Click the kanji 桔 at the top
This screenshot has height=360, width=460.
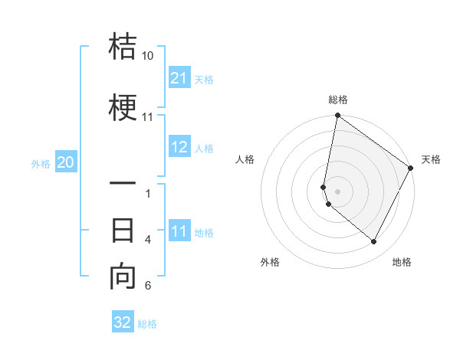123,47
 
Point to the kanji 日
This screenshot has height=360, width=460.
123,230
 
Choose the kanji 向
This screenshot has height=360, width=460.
123,276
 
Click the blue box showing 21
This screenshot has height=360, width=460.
179,78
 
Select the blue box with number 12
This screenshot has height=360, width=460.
179,148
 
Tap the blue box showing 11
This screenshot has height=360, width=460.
179,231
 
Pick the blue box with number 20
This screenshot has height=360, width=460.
66,162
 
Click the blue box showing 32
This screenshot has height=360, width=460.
123,322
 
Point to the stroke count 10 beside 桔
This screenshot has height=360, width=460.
147,56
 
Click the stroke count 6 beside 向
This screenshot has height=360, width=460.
148,286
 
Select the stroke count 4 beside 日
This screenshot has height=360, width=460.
148,240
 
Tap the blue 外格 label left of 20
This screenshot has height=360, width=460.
41,163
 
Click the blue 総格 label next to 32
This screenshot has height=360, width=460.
147,324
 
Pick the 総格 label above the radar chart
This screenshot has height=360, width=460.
337,100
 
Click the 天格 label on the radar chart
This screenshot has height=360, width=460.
431,159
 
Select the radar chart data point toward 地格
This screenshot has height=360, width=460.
374,242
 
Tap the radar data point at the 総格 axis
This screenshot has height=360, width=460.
337,116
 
